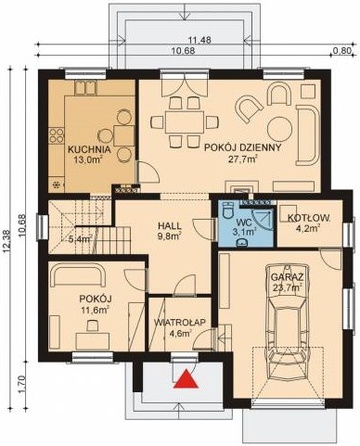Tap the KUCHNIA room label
(x=90, y=147)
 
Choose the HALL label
(x=169, y=225)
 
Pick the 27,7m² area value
(x=233, y=159)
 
